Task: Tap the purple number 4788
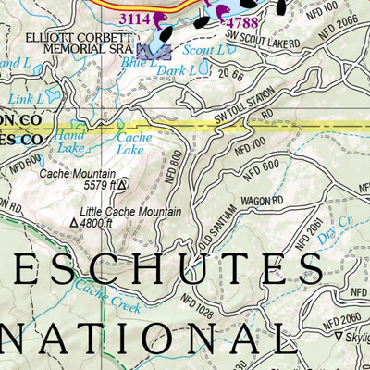point(242,21)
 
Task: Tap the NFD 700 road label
point(253,141)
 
